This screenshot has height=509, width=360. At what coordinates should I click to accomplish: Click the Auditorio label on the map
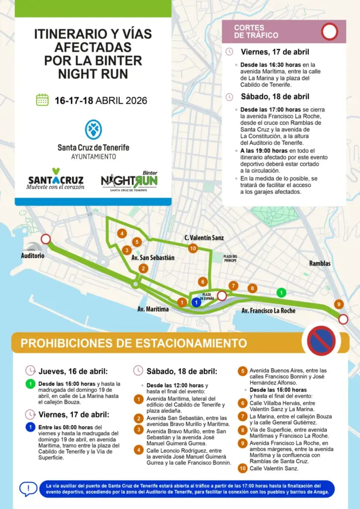32,255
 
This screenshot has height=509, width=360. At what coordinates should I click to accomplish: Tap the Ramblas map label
320,263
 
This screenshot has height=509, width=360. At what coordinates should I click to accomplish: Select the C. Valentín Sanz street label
204,238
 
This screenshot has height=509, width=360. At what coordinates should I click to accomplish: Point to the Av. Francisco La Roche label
268,311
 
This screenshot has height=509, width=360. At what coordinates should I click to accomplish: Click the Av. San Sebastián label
153,257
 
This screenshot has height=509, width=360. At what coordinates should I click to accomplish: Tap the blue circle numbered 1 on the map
196,302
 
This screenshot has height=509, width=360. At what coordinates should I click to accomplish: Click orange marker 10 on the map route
193,248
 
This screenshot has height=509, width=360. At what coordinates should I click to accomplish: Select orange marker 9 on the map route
338,304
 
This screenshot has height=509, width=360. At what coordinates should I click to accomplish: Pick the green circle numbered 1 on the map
281,293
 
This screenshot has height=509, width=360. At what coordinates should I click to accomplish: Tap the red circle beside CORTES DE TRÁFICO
329,32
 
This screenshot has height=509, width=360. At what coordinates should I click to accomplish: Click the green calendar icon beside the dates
42,100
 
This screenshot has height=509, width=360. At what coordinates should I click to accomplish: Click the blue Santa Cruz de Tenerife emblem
93,129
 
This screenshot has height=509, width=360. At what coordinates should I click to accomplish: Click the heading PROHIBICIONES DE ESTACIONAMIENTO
133,343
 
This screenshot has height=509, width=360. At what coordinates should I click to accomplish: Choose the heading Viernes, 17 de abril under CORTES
274,52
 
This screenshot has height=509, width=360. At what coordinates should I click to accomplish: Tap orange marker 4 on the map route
122,233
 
